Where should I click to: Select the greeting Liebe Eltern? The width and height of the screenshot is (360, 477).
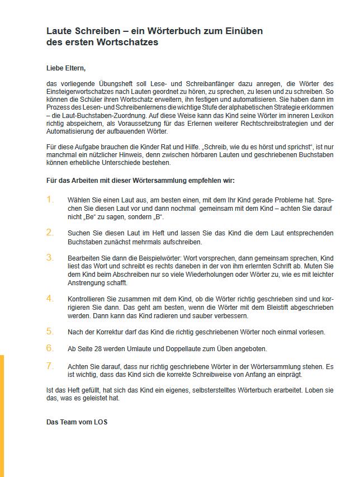(66, 68)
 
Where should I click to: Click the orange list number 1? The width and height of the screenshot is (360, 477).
(50, 200)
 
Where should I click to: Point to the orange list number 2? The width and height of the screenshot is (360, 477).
(50, 232)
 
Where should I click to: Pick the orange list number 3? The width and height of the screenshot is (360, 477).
(50, 257)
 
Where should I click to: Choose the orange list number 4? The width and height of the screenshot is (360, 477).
(50, 298)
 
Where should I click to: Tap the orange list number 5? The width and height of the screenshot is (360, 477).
(50, 331)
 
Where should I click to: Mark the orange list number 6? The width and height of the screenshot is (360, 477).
(50, 348)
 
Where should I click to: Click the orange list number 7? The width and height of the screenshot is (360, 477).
(50, 366)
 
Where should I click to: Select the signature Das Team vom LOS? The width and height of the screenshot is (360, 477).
(77, 422)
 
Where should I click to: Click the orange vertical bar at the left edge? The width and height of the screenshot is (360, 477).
(2, 414)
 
